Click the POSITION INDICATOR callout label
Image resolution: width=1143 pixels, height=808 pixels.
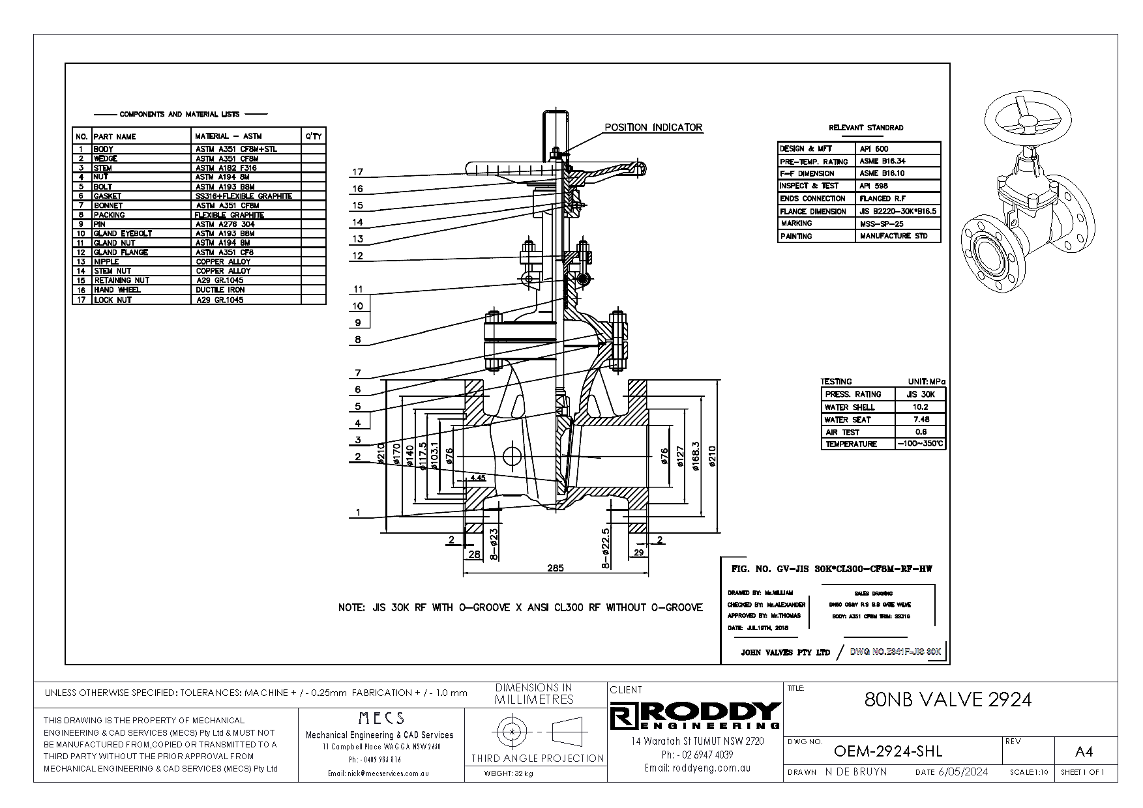[653, 127]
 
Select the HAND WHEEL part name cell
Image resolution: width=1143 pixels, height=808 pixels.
[117, 290]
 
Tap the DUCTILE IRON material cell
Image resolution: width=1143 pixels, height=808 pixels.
[220, 290]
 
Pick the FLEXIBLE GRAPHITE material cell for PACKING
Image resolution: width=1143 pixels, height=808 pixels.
[229, 215]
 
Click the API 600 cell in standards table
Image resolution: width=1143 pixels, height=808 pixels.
[874, 149]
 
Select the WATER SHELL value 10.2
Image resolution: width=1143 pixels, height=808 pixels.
[920, 407]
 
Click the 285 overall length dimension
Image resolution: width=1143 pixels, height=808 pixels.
[555, 568]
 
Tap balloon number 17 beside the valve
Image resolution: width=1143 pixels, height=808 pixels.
[358, 173]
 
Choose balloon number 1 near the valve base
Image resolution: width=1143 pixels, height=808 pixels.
[358, 513]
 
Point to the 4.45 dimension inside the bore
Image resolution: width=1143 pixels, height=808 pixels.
[477, 478]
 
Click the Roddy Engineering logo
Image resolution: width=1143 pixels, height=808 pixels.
[695, 715]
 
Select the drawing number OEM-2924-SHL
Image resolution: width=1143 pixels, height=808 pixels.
[888, 751]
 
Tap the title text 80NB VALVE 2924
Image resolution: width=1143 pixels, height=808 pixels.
[947, 699]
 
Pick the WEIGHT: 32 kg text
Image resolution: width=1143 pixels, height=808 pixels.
[509, 774]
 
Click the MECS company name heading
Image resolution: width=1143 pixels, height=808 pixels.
[381, 719]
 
